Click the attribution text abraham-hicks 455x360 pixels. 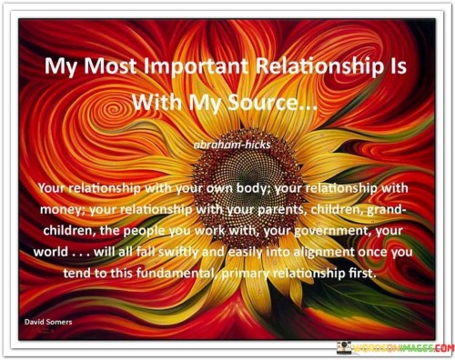pos(227,143)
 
